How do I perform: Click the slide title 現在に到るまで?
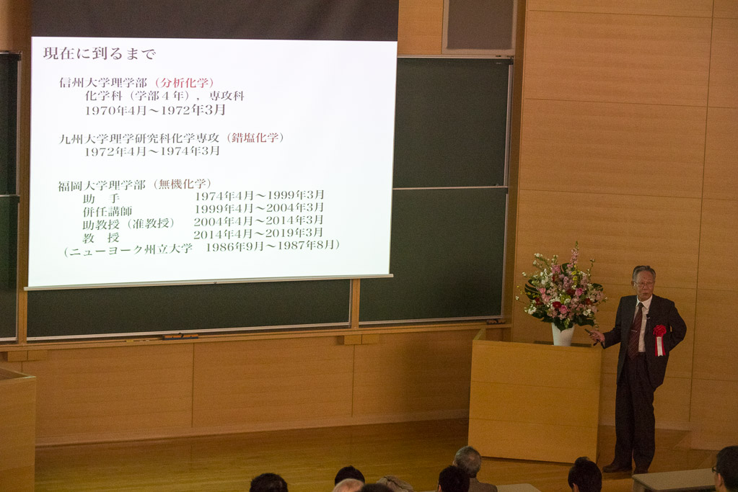[x=100, y=53]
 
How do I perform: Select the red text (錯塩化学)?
[x=255, y=138]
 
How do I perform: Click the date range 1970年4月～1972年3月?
[x=155, y=110]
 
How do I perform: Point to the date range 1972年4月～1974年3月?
[x=152, y=151]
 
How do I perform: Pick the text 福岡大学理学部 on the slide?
[x=102, y=186]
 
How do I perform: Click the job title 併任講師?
[x=107, y=212]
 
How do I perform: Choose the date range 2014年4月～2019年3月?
[x=258, y=233]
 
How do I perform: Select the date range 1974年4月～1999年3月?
[x=259, y=195]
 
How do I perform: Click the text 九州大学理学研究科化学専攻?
[x=139, y=138]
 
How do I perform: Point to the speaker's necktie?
[x=635, y=330]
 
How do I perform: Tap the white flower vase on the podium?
[x=563, y=334]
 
